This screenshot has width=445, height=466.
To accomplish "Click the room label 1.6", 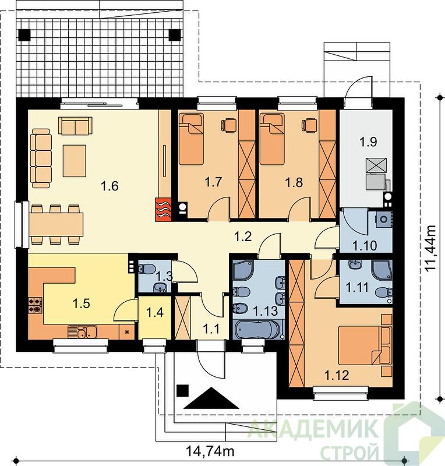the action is click(x=110, y=186).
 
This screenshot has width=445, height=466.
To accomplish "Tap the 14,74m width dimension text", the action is click(x=210, y=451).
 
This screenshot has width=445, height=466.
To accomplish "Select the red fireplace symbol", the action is click(x=163, y=210).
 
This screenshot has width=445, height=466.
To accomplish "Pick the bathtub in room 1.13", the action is click(x=258, y=330).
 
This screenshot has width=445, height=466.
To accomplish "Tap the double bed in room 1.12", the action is click(x=364, y=345).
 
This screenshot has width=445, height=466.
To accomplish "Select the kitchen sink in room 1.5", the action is click(x=82, y=332).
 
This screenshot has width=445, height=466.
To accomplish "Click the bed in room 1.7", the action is click(x=192, y=140).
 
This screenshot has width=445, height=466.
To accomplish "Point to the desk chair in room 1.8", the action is click(x=309, y=124).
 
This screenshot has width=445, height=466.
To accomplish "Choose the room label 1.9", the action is click(x=369, y=142).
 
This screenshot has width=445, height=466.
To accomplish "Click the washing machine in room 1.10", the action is click(x=383, y=220).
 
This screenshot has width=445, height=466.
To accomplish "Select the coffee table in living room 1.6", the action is click(x=75, y=161).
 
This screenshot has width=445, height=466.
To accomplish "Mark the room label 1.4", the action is click(x=155, y=312).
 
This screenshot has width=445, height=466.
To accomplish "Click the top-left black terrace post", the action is click(x=24, y=35).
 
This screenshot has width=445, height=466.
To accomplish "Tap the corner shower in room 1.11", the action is click(x=382, y=271).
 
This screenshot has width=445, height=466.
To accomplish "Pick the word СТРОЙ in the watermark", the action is click(x=349, y=453).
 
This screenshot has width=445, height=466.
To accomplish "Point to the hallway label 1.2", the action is click(x=243, y=236).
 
